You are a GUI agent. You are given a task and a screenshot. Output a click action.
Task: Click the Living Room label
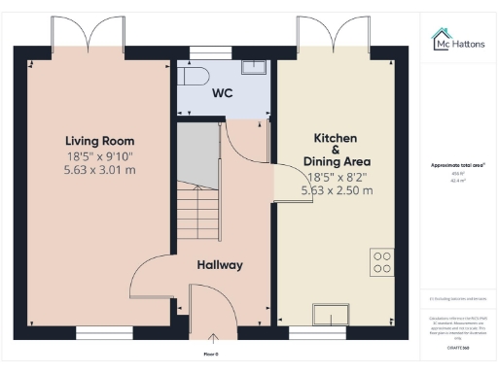[99, 141]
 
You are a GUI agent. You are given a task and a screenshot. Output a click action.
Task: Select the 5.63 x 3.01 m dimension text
[99, 169]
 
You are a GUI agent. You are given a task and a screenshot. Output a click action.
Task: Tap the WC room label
[223, 93]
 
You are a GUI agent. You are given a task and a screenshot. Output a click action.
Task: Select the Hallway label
[219, 265]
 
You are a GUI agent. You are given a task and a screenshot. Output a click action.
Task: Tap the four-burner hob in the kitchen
[381, 260]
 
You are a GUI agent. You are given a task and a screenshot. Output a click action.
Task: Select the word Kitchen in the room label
[336, 138]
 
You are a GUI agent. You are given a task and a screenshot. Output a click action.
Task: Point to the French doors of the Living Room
[88, 37]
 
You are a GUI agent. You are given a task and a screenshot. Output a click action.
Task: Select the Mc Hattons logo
[458, 41]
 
